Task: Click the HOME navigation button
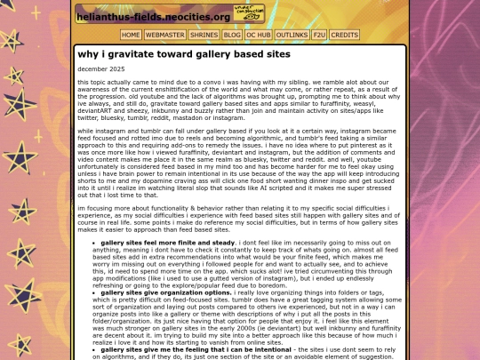[131, 35]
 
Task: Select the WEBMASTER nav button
[165, 35]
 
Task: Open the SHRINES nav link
[204, 35]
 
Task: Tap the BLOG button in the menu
[232, 35]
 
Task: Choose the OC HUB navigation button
[259, 35]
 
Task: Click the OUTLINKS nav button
[292, 35]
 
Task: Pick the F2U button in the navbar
[319, 35]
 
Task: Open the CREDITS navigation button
[345, 35]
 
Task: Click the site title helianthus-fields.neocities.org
[154, 16]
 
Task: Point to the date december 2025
[101, 68]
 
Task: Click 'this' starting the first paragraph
[84, 82]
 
